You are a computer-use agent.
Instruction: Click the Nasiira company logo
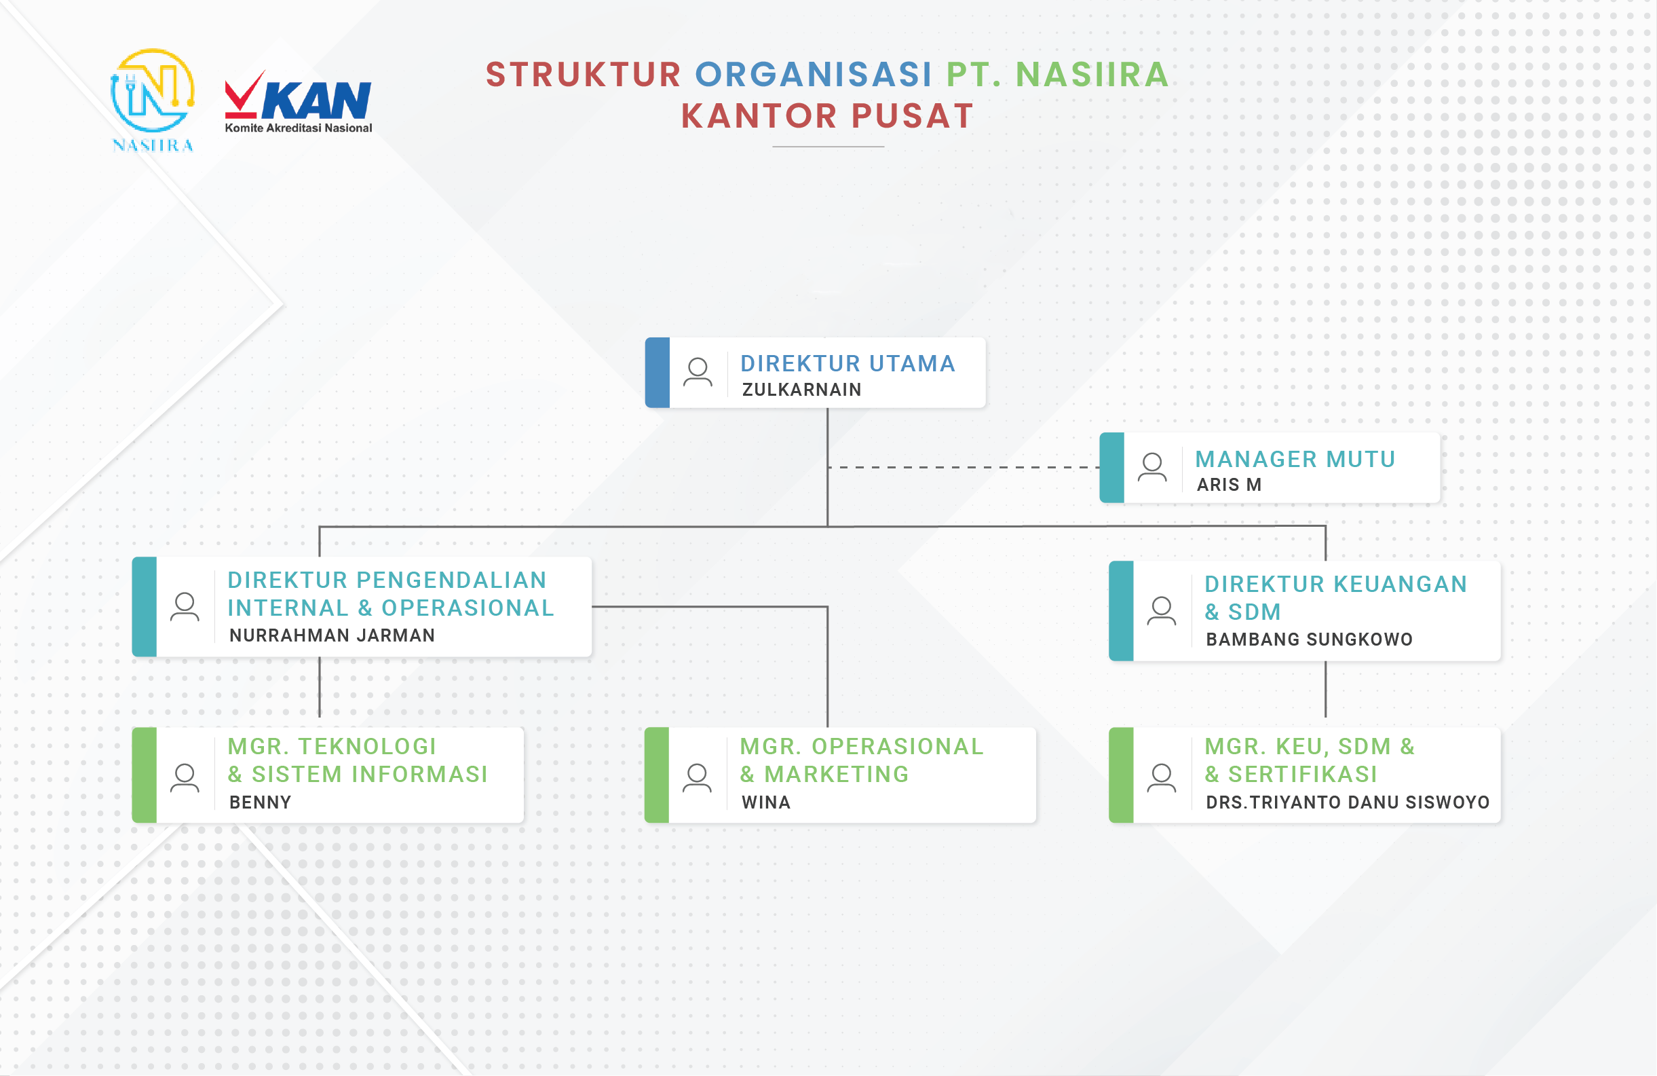(x=153, y=100)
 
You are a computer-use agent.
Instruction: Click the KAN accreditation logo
(x=298, y=102)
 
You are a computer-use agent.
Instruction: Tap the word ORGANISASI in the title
(x=813, y=75)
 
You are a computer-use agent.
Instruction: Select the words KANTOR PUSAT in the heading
(x=827, y=115)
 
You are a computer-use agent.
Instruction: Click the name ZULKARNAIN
(x=801, y=389)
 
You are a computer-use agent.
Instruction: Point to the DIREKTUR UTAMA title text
(x=847, y=364)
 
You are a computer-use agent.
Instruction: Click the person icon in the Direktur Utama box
(x=698, y=372)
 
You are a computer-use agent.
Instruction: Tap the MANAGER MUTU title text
(x=1295, y=459)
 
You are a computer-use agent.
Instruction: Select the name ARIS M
(x=1229, y=485)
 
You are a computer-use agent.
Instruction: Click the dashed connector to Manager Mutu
(x=964, y=467)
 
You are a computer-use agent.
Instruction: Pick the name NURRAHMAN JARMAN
(x=332, y=635)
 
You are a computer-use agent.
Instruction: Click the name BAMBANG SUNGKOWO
(x=1309, y=639)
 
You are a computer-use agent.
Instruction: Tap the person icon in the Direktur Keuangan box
(x=1161, y=611)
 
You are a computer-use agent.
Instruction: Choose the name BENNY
(x=261, y=802)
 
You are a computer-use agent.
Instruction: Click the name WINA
(x=766, y=802)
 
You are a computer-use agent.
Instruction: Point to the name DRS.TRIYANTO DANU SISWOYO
(x=1348, y=802)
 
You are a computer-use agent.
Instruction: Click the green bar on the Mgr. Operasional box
(x=657, y=775)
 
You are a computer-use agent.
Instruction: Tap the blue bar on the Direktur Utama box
(x=658, y=373)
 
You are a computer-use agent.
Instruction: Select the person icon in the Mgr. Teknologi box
(x=185, y=778)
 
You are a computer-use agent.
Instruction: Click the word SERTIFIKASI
(x=1303, y=775)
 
